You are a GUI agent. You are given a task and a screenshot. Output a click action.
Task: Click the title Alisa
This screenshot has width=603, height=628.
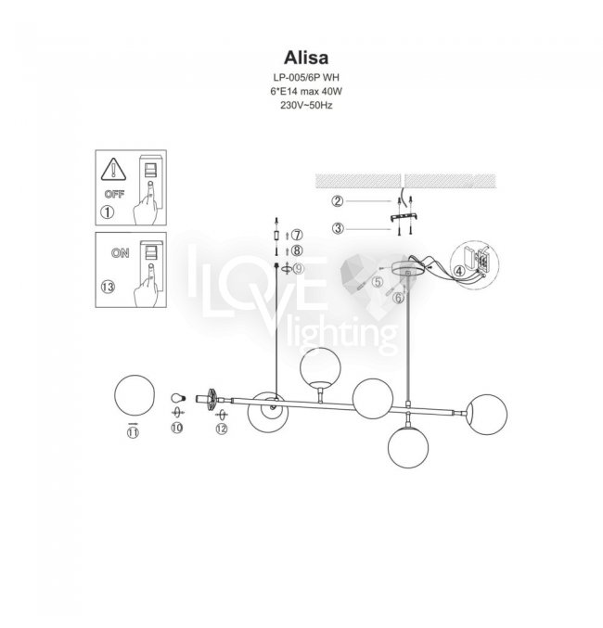tap(306, 58)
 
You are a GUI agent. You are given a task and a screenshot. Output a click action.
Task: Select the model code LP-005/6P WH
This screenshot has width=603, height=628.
tap(306, 77)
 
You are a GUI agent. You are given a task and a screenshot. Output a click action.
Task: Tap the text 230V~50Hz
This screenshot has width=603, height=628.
tap(306, 106)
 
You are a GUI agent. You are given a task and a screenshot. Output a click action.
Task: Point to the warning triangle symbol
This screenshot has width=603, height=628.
tap(113, 170)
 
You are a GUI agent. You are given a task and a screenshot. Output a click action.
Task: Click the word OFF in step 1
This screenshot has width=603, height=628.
tap(114, 194)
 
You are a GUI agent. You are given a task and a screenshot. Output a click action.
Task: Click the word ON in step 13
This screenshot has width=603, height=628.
tap(121, 253)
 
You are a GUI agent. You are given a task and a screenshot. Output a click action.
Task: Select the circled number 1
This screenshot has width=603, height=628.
tap(108, 212)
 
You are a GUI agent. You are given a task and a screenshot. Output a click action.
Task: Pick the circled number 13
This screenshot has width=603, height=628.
tap(108, 287)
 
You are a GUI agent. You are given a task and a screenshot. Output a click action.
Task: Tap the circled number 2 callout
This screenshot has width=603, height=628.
tap(338, 200)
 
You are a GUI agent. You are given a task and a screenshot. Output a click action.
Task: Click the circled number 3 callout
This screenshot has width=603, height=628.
tap(339, 229)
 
